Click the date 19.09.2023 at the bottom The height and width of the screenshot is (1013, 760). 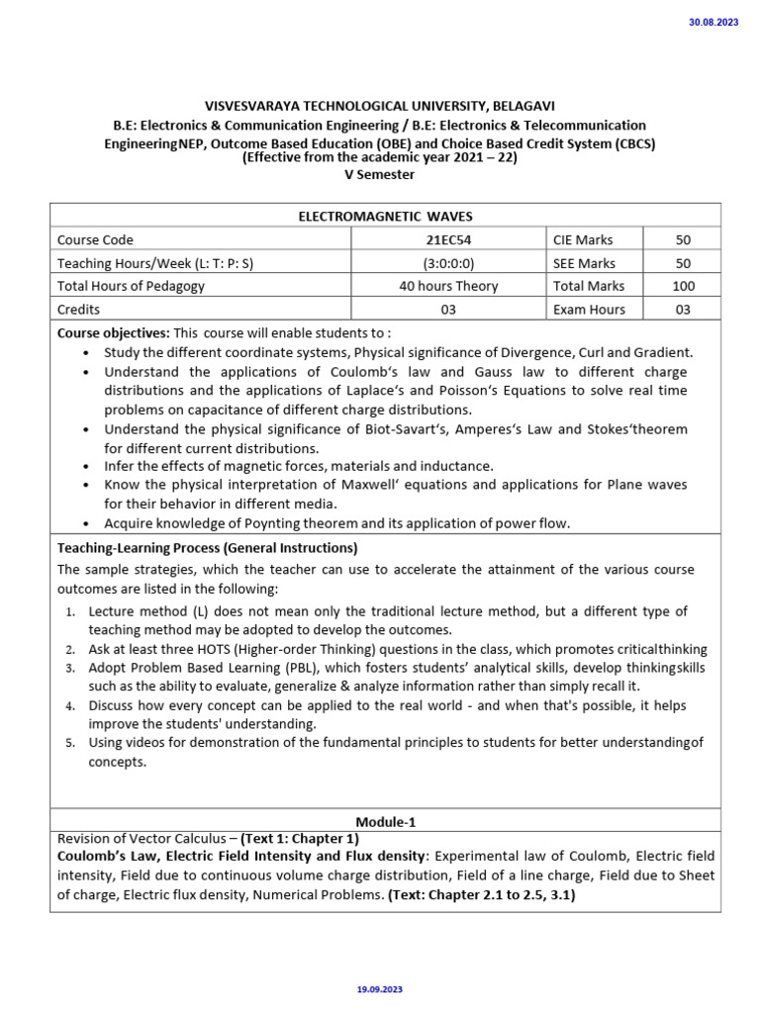[x=379, y=989]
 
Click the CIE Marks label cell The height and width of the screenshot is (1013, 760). [x=583, y=240]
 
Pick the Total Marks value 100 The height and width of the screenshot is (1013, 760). [x=683, y=286]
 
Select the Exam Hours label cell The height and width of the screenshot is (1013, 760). [x=589, y=310]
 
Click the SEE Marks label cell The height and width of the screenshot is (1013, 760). [x=584, y=263]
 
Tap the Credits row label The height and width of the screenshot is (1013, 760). [x=78, y=310]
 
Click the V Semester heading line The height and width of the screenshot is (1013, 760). [x=379, y=175]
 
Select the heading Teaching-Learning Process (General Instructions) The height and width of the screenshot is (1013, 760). [x=207, y=547]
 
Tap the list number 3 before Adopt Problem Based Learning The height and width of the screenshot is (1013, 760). [x=71, y=669]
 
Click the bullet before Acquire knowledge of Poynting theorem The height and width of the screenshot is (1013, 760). [x=88, y=524]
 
